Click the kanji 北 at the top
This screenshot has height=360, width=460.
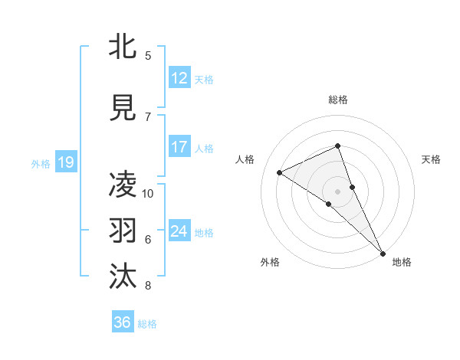pos(123,47)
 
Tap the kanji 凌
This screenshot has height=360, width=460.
pos(123,185)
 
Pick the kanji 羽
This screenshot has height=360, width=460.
pos(123,231)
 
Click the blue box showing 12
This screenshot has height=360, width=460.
pos(179,77)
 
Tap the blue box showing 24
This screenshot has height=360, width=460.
pos(179,231)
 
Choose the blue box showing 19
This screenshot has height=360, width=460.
pos(66,162)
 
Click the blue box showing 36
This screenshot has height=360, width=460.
pos(123,322)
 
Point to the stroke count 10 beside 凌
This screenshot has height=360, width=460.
pos(148,193)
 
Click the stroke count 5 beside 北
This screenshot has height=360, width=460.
pos(148,55)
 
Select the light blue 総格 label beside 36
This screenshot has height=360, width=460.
pos(147,324)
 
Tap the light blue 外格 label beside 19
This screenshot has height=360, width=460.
pos(41,163)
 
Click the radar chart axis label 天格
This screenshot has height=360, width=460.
pos(431,159)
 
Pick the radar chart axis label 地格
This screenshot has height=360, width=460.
pos(402,262)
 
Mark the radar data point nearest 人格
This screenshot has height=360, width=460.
pos(280,172)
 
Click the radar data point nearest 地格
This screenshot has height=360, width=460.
pos(383,252)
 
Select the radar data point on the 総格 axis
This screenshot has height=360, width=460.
pos(337,146)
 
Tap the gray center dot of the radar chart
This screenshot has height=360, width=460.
pos(337,191)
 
